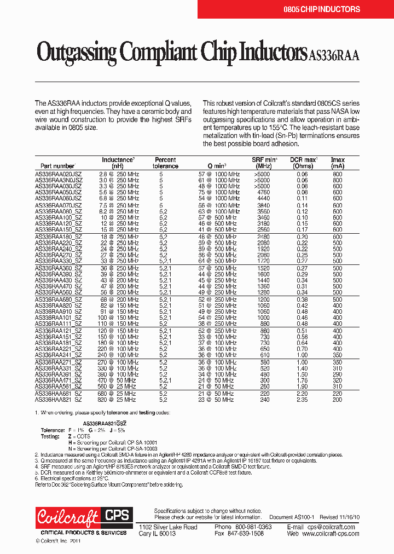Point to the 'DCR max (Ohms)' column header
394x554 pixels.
pyautogui.click(x=303, y=163)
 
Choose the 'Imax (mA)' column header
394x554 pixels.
pyautogui.click(x=338, y=163)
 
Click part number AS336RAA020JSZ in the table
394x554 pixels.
pyautogui.click(x=59, y=174)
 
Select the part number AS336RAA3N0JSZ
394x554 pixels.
pyautogui.click(x=59, y=180)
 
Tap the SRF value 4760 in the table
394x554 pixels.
pyautogui.click(x=263, y=193)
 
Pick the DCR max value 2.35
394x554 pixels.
pyautogui.click(x=302, y=400)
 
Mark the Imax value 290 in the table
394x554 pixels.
pyautogui.click(x=338, y=374)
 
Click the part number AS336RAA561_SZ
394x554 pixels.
pyautogui.click(x=59, y=386)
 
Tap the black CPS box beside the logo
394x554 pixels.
pyautogui.click(x=116, y=515)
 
